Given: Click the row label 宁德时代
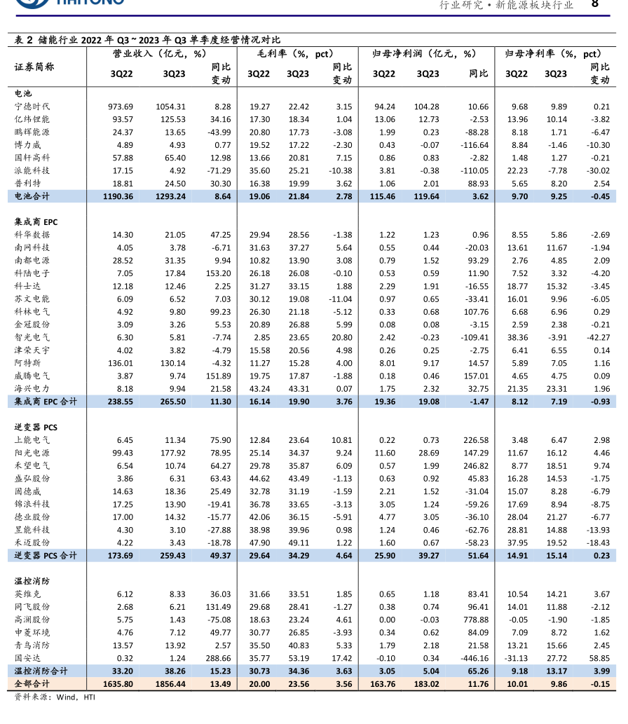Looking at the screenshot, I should [32, 107].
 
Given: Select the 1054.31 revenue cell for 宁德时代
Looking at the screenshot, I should [171, 107].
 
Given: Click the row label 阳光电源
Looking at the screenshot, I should [32, 453].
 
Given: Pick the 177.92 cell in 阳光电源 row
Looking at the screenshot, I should [171, 453].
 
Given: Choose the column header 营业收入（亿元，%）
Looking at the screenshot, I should [159, 53].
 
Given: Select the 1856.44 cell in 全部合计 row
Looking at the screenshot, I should [170, 683].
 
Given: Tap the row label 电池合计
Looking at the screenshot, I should [32, 196].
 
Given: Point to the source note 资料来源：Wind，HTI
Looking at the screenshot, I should [55, 697].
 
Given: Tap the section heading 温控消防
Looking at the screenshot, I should [32, 581].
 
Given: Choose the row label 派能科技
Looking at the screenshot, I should [32, 170].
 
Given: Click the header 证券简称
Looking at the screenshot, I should [34, 67].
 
